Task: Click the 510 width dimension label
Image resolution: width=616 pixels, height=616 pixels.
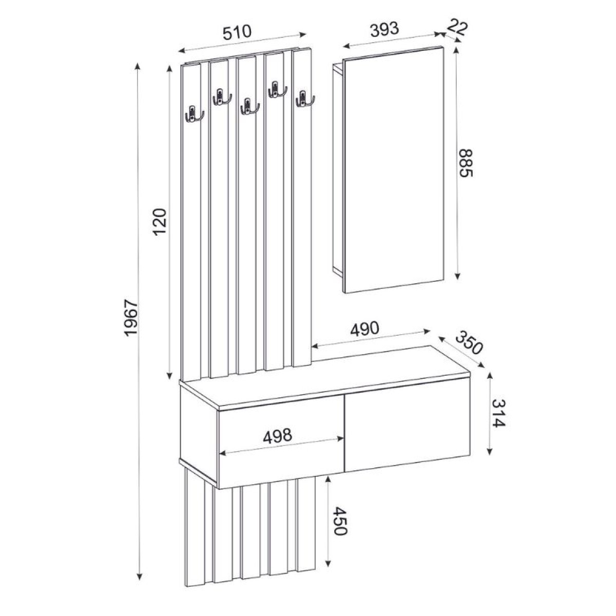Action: (x=237, y=33)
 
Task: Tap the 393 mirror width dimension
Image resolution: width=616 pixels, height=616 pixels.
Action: (x=383, y=29)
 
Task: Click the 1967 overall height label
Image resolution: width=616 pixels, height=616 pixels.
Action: (x=131, y=318)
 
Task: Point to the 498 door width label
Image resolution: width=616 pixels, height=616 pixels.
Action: (x=277, y=436)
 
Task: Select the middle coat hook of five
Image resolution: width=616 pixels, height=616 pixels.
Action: (x=248, y=106)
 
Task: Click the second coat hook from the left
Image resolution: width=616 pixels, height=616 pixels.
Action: (x=221, y=97)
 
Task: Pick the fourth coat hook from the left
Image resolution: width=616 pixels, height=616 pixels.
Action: (x=276, y=90)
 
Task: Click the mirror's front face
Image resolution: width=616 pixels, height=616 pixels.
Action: (x=393, y=169)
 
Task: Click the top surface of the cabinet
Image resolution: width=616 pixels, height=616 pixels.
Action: (x=329, y=375)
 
